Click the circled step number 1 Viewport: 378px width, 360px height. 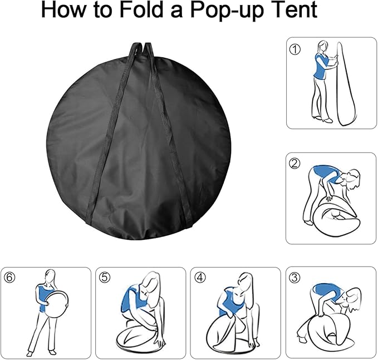[x=295, y=50]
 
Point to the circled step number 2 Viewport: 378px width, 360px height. [x=294, y=164]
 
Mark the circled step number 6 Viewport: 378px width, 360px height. [x=9, y=277]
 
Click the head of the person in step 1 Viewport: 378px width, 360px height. [x=322, y=46]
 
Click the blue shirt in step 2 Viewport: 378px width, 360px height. [x=322, y=176]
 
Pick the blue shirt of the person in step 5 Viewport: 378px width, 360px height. [x=129, y=300]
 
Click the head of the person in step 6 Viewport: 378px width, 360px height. [x=50, y=276]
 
